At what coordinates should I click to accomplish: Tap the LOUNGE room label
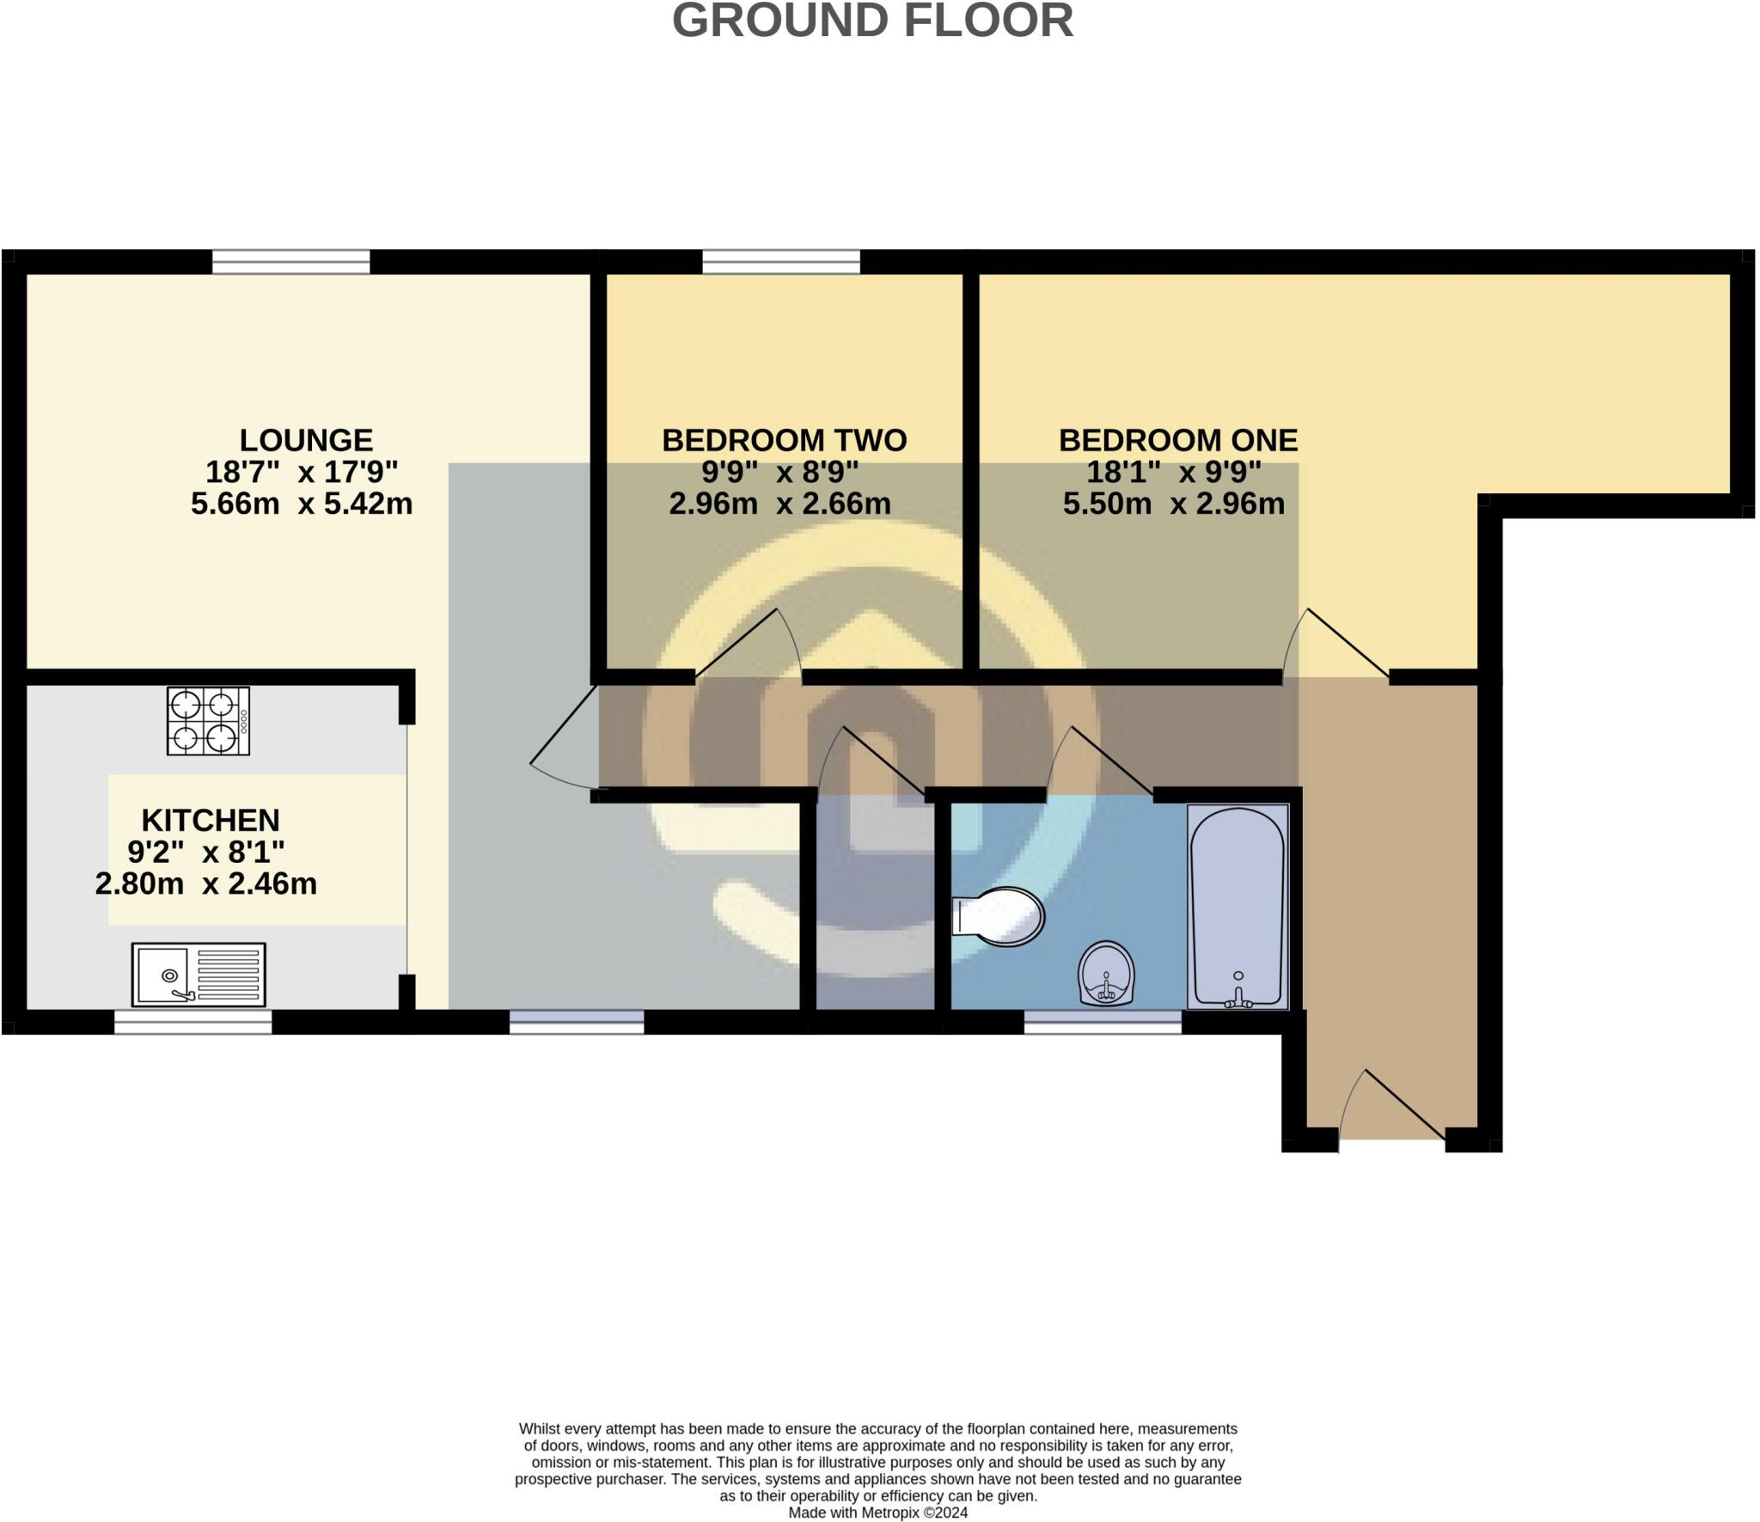(x=306, y=440)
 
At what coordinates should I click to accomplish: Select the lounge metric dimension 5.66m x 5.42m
(x=302, y=504)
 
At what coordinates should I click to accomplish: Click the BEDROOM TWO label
(x=784, y=440)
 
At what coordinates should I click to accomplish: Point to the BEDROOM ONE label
(x=1177, y=440)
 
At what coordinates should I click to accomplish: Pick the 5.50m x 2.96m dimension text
(x=1174, y=504)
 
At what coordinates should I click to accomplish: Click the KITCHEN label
(x=211, y=820)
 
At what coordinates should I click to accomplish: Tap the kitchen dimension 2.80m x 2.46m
(x=206, y=883)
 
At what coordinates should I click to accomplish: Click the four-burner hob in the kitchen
(x=208, y=721)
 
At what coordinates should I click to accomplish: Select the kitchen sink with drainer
(x=199, y=975)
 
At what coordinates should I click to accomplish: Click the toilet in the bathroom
(x=999, y=916)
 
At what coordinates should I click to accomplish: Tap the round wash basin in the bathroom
(x=1107, y=973)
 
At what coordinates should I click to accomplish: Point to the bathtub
(x=1237, y=906)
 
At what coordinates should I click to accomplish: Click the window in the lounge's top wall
(x=291, y=261)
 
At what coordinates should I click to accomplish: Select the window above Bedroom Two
(x=781, y=261)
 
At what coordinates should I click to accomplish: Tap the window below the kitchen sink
(x=193, y=1022)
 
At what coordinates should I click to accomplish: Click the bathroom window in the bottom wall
(x=1103, y=1022)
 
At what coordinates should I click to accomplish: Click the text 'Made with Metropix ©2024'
(x=878, y=1513)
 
